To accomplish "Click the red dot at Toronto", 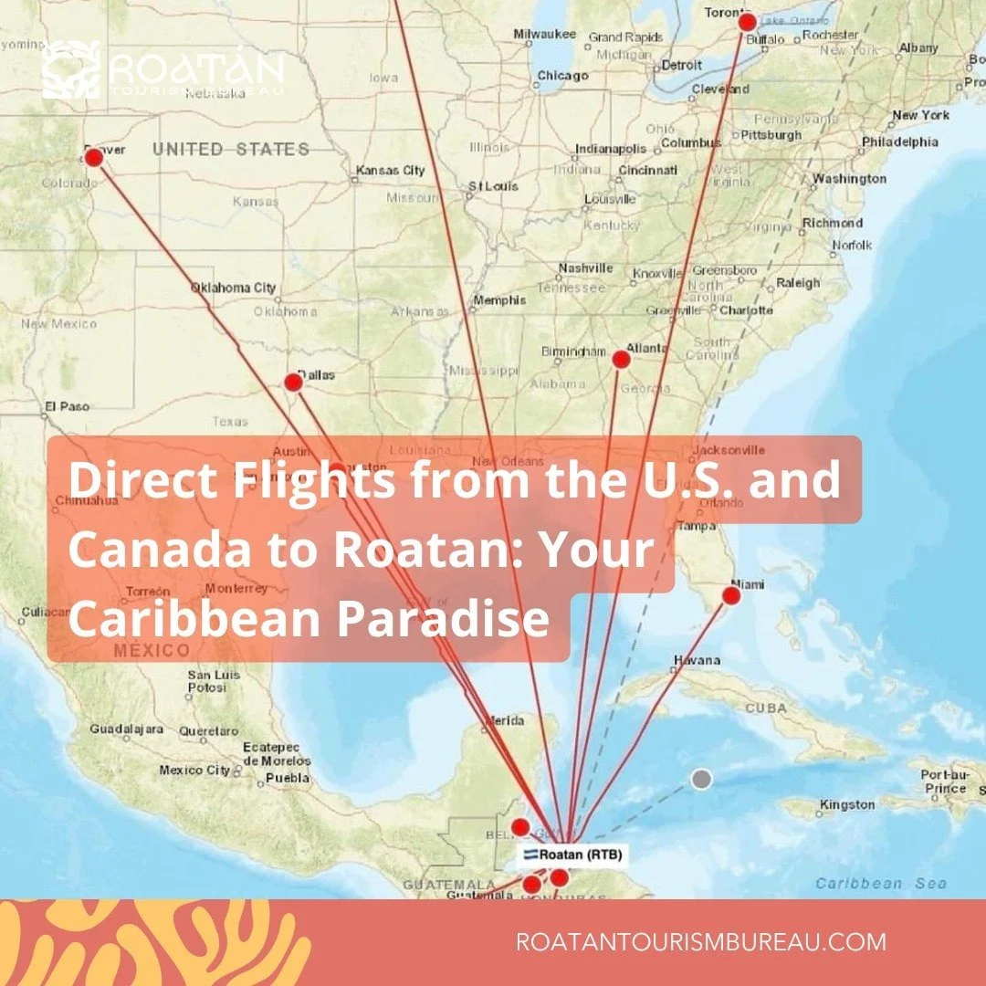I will click(747, 22).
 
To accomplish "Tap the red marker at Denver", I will click(93, 158).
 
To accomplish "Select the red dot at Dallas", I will click(293, 382).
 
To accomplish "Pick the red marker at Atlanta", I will click(621, 359).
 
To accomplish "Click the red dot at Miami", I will click(731, 596).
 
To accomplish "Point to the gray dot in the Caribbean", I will click(700, 779).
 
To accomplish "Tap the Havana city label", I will click(697, 660).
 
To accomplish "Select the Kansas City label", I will click(390, 171).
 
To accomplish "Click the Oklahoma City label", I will click(233, 288).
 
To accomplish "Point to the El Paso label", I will click(68, 406).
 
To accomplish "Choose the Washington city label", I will click(849, 179).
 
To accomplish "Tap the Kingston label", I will click(847, 805).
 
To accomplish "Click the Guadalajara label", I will click(126, 729).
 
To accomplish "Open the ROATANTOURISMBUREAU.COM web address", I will click(700, 942).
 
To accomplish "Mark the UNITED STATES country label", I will click(231, 150).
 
